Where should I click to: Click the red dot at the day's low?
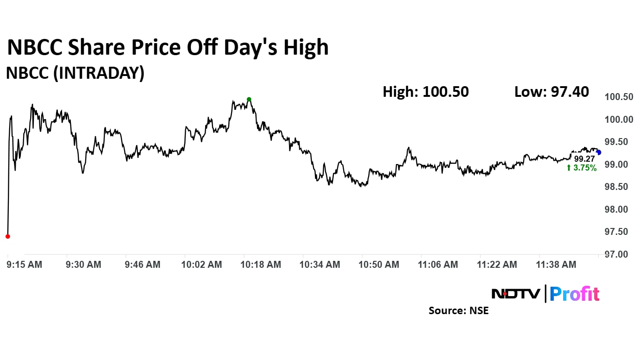coord(7,236)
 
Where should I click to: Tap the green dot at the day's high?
coord(249,99)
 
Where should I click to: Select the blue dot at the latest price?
coord(599,152)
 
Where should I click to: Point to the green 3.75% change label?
coord(582,168)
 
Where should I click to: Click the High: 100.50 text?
coord(426,92)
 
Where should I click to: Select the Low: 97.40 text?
coord(552,92)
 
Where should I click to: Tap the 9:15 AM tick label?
coord(25,265)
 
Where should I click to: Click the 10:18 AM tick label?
coord(261,265)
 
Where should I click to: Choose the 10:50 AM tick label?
coord(379,265)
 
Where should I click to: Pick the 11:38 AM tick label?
coord(556,265)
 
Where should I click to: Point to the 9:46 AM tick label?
coord(143,265)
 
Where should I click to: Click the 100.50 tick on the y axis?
coord(619,97)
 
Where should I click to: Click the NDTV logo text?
coord(515,294)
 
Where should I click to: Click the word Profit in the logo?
coord(575,294)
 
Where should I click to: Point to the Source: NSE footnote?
coord(458,310)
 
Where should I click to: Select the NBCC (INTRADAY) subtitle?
coord(75,73)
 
